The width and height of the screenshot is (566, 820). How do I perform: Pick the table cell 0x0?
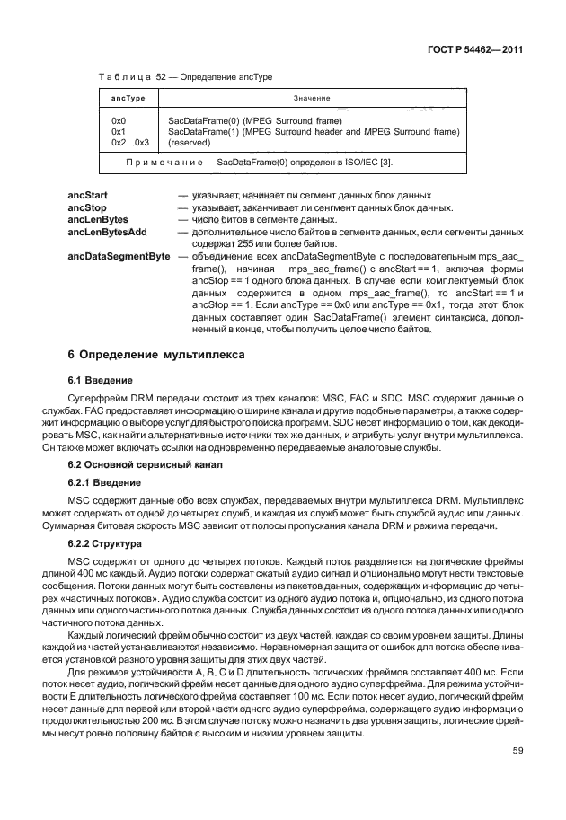(x=118, y=120)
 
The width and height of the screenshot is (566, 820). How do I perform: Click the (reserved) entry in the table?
(x=190, y=142)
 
